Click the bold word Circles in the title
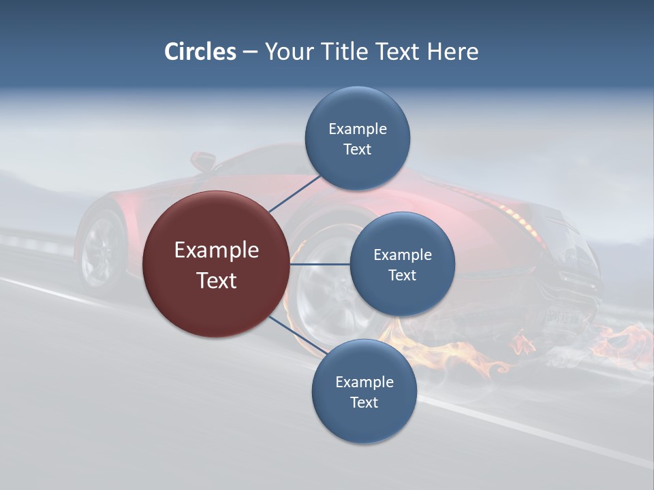point(200,52)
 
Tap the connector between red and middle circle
point(320,264)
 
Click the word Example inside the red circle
point(217,250)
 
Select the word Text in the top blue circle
point(358,150)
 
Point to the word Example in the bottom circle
point(364,382)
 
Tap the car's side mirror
point(201,161)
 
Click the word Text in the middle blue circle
point(402,275)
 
